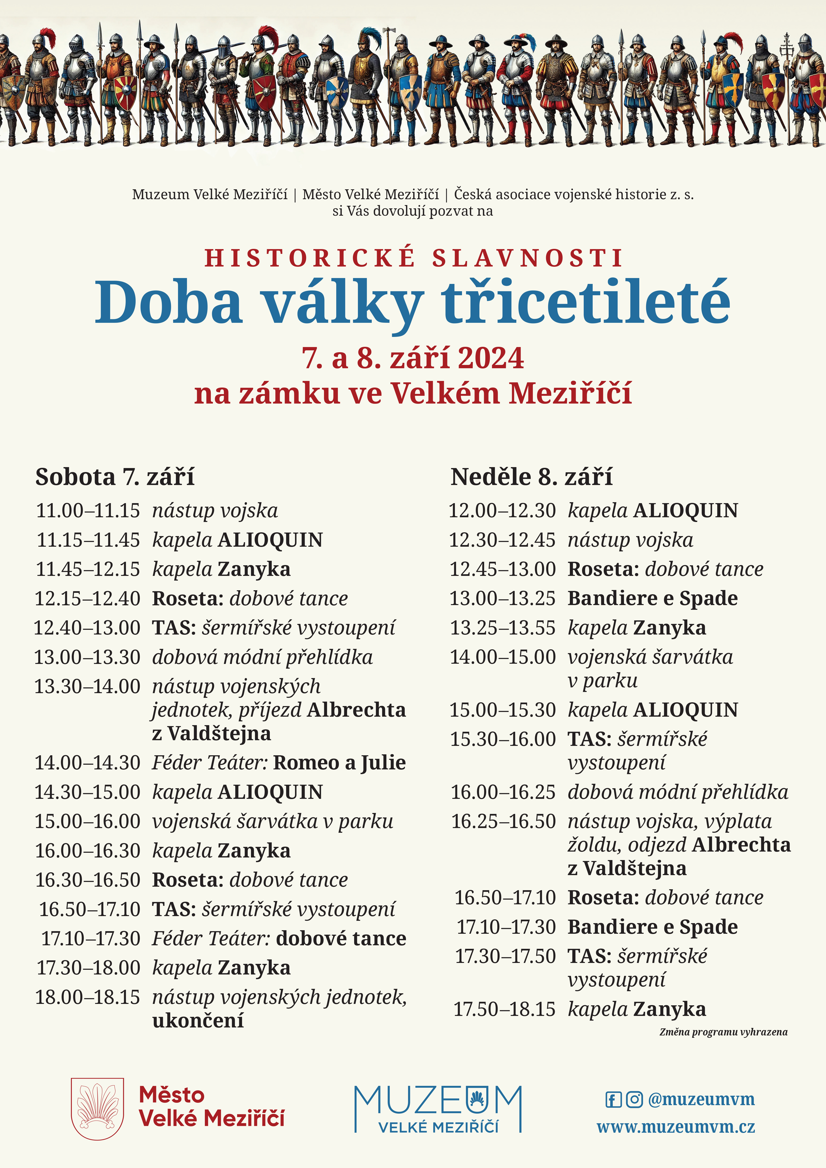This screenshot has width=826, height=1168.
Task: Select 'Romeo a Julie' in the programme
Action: pyautogui.click(x=339, y=763)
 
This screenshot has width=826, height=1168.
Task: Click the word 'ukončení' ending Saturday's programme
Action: pyautogui.click(x=198, y=1020)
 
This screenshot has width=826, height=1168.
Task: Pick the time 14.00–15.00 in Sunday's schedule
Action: pyautogui.click(x=502, y=657)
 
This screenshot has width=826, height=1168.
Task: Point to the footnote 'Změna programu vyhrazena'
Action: pyautogui.click(x=723, y=1032)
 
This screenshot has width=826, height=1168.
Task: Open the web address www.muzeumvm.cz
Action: pyautogui.click(x=676, y=1127)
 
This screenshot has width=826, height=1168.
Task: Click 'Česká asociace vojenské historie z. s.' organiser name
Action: pyautogui.click(x=574, y=194)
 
